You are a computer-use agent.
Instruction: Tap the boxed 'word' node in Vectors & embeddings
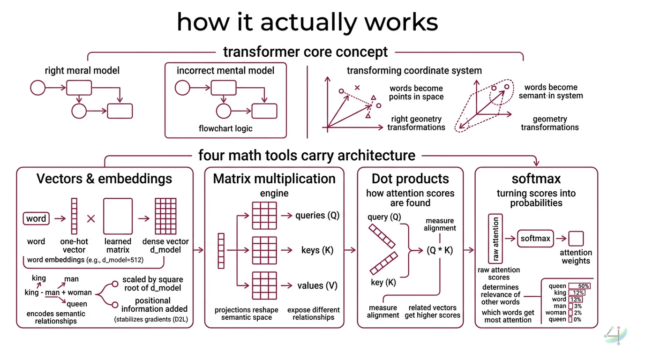point(36,218)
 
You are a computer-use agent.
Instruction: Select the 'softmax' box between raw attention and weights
point(535,238)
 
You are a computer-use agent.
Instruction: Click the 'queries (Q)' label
point(317,216)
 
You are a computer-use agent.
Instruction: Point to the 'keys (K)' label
point(317,250)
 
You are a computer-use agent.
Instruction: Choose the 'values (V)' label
point(317,285)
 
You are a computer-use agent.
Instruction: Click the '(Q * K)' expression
point(439,250)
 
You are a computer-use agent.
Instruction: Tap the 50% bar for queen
point(579,286)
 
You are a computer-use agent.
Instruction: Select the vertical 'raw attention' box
point(495,239)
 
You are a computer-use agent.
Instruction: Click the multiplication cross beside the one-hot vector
point(91,218)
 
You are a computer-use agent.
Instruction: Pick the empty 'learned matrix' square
point(118,216)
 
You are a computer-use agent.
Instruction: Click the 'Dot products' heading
point(410,179)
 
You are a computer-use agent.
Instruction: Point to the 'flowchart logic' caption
point(225,128)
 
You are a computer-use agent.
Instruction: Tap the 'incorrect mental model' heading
point(225,71)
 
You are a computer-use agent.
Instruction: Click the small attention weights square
point(576,239)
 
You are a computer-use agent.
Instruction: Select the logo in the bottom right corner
point(614,336)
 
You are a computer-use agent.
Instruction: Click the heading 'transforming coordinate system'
point(414,71)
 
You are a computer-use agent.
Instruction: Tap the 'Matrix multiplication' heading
point(274,179)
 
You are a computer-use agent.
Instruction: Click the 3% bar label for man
point(577,306)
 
